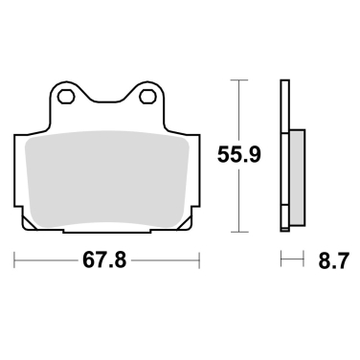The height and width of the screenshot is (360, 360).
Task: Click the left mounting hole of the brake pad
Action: click(x=65, y=97)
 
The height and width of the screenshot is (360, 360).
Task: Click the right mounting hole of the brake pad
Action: click(x=146, y=97)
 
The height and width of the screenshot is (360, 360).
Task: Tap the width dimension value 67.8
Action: click(x=106, y=260)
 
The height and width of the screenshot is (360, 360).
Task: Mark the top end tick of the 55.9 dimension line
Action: click(x=236, y=81)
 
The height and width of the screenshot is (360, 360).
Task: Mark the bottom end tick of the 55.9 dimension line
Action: click(x=236, y=231)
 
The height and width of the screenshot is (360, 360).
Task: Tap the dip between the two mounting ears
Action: click(x=106, y=105)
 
